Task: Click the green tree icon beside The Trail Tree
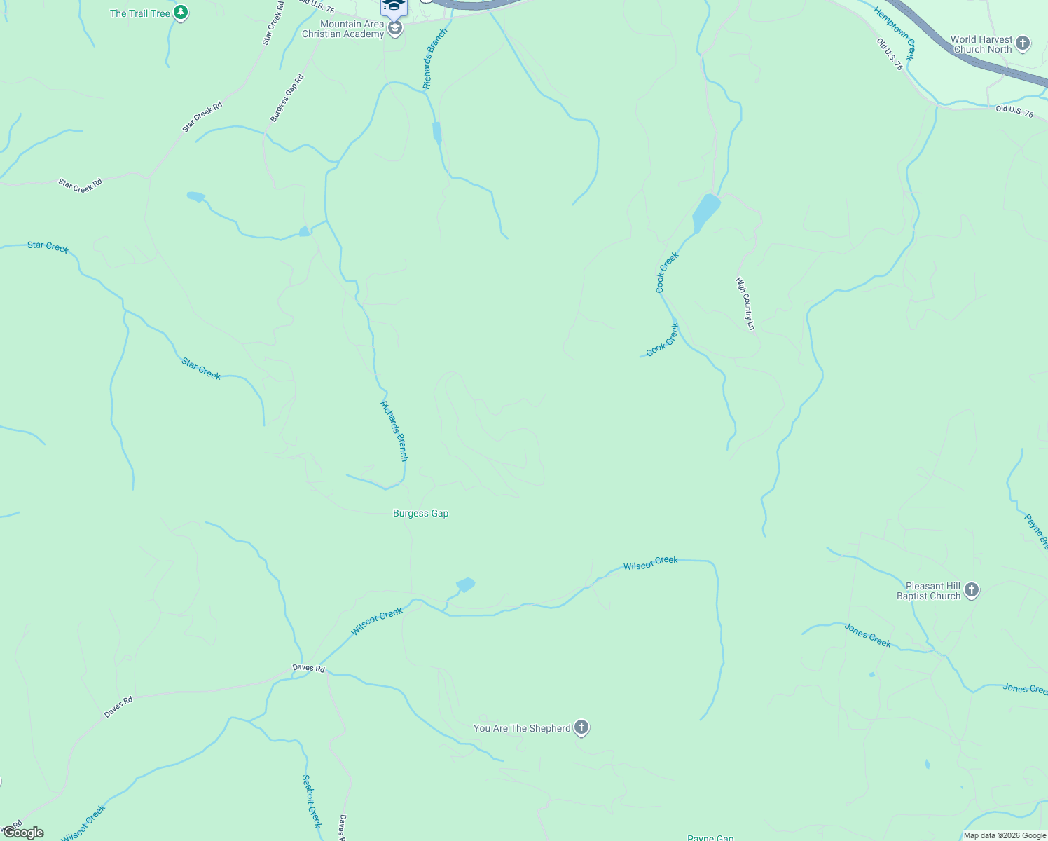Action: [x=181, y=13]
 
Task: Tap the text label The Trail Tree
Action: [x=140, y=13]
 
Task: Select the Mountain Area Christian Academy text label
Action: [x=343, y=29]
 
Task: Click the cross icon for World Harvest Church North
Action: [x=1023, y=43]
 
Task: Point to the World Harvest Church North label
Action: [x=981, y=44]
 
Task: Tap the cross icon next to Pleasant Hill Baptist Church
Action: [x=971, y=590]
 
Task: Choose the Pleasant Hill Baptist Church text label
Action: [x=929, y=591]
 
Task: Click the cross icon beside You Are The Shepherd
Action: [x=581, y=727]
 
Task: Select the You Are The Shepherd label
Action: [x=522, y=728]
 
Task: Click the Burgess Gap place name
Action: [x=420, y=513]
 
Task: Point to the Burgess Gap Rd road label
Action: [x=287, y=98]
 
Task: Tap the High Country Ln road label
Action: [x=745, y=303]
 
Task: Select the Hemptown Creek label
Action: [x=895, y=33]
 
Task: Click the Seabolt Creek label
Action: [x=311, y=800]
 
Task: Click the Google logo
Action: [x=23, y=833]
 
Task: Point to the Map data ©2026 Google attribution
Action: [x=1005, y=835]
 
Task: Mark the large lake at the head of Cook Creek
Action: [x=705, y=212]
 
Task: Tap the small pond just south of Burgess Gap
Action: [x=465, y=584]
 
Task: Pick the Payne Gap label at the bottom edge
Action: [x=710, y=837]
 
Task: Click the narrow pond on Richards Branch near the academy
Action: [x=437, y=132]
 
